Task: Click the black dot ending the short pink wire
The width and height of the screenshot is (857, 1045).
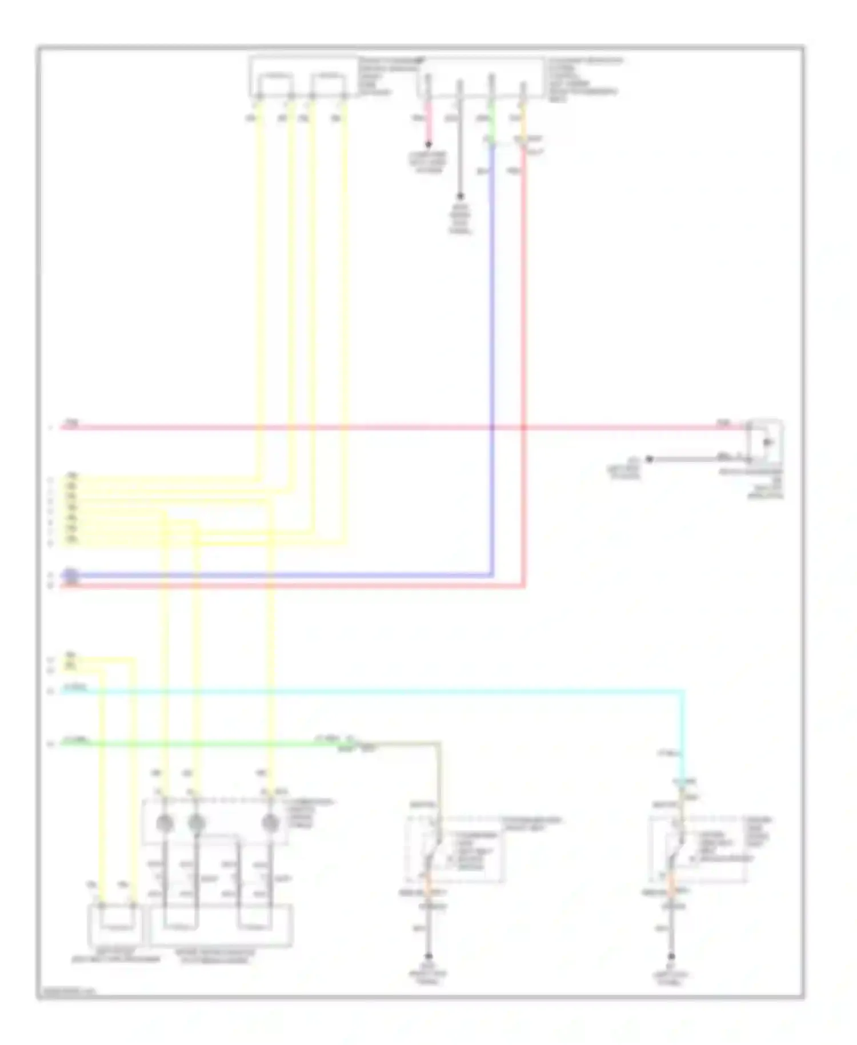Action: (428, 145)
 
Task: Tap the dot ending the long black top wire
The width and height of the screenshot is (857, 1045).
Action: (460, 197)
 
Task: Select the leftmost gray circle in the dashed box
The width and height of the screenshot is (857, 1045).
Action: (165, 823)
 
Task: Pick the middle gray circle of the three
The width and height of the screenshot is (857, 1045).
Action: (197, 823)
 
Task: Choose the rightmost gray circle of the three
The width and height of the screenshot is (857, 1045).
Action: (270, 823)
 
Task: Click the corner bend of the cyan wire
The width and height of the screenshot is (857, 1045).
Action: (682, 692)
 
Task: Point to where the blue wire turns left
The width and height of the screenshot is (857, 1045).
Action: (492, 575)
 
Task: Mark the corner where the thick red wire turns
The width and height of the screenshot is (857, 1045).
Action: (523, 586)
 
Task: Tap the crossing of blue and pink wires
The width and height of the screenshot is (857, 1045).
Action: (492, 427)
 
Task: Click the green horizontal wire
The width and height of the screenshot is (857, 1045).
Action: (200, 744)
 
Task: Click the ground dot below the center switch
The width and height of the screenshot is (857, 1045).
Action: (428, 956)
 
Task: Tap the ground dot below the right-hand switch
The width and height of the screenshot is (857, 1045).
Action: (672, 956)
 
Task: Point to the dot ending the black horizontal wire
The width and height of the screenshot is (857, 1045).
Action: (649, 458)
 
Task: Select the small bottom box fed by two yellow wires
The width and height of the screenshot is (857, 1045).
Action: (116, 925)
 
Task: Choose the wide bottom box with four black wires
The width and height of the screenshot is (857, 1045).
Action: (221, 925)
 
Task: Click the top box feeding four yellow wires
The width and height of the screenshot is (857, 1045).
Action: (303, 77)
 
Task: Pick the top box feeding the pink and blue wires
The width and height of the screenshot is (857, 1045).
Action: (480, 77)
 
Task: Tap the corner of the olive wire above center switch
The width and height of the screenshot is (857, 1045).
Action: (439, 744)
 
